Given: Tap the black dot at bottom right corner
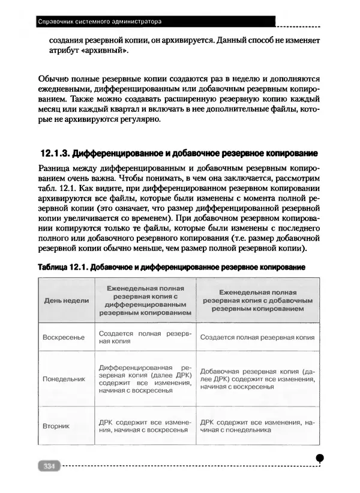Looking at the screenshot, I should point(320,458).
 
